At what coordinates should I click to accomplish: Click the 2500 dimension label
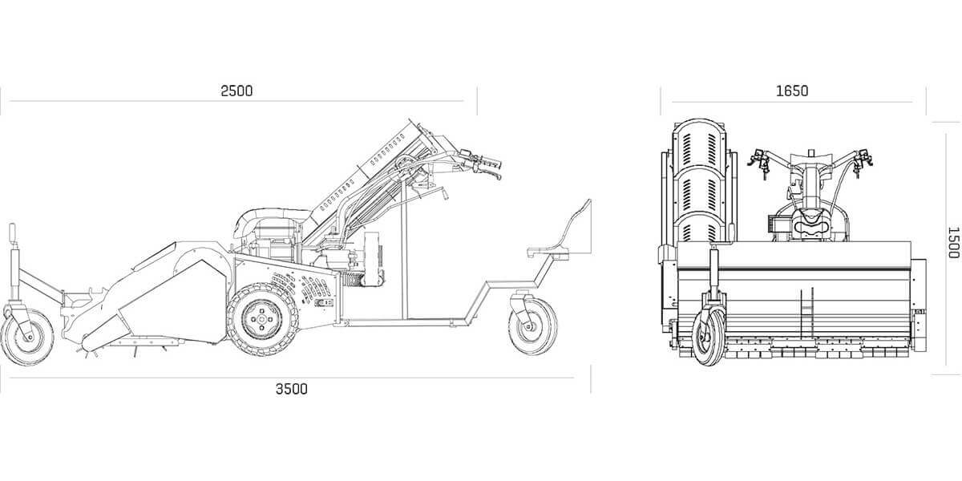coord(236,91)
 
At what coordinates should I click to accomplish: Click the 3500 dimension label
coord(292,389)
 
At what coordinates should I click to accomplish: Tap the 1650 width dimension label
coord(792,91)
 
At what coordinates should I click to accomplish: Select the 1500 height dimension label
coord(953,243)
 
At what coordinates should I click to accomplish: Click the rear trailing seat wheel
coord(532,326)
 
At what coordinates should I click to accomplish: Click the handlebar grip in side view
coord(491,164)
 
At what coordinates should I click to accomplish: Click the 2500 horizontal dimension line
coord(236,101)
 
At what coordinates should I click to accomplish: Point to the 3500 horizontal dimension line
coord(292,378)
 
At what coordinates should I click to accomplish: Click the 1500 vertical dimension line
coord(946,249)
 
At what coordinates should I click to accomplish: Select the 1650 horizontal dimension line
coord(792,103)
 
